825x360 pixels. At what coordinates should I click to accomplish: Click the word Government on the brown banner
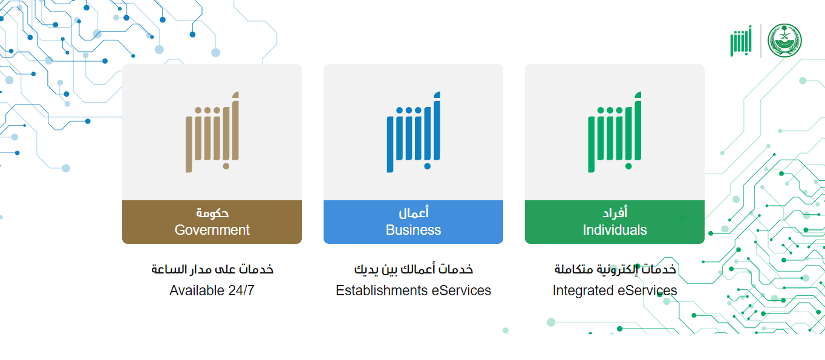(x=212, y=230)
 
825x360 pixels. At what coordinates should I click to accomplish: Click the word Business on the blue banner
(x=413, y=230)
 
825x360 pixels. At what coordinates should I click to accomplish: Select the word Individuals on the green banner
(x=615, y=230)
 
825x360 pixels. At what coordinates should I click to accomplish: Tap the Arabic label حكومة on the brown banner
(x=212, y=213)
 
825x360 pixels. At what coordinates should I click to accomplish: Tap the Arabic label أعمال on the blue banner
(x=414, y=212)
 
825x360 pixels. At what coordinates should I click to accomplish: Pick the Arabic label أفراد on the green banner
(x=615, y=212)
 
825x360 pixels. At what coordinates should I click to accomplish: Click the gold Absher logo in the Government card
(x=212, y=132)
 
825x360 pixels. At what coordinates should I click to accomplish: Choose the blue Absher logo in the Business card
(x=413, y=132)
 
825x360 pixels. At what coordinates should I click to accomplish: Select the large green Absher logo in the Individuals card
(x=615, y=132)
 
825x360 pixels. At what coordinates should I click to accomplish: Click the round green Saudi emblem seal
(x=784, y=41)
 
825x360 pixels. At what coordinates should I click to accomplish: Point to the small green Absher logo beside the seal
(x=741, y=41)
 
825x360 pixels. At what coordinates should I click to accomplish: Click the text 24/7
(x=241, y=290)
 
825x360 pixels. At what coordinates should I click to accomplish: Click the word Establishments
(x=381, y=290)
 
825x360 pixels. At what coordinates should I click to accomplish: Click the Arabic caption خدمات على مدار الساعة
(x=212, y=269)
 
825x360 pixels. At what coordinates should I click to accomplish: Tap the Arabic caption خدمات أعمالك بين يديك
(x=413, y=269)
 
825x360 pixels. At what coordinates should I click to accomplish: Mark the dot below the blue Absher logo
(x=427, y=166)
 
